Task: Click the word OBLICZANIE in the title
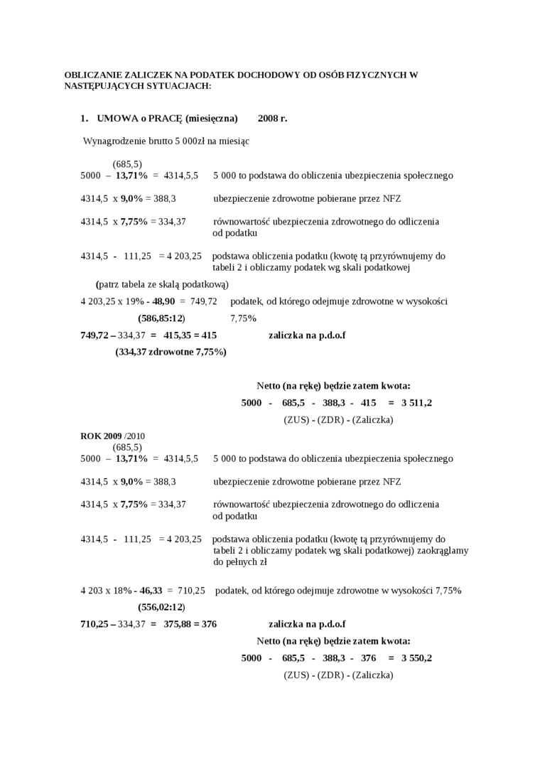tap(94, 74)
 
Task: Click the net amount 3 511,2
tap(416, 403)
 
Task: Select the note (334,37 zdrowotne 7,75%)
tap(171, 352)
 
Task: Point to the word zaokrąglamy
tap(441, 550)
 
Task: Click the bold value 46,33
tap(151, 591)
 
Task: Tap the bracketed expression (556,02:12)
tap(161, 607)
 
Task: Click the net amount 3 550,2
tap(416, 658)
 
